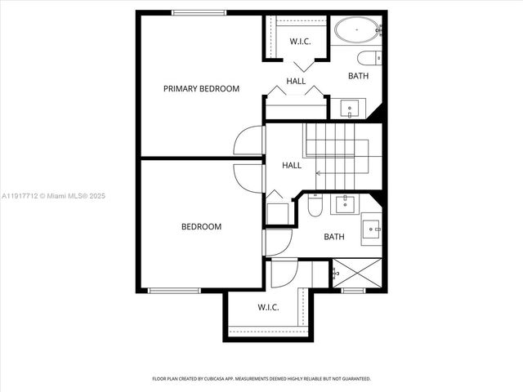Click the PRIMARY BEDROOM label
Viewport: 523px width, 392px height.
click(x=201, y=88)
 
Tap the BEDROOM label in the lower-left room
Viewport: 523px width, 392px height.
click(x=201, y=227)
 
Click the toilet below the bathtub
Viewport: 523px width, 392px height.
click(x=369, y=57)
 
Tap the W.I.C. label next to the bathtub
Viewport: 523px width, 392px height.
click(x=301, y=42)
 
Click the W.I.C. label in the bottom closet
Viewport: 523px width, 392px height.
click(x=269, y=308)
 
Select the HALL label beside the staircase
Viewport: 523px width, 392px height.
click(x=292, y=165)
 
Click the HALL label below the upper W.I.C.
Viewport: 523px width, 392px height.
click(x=296, y=81)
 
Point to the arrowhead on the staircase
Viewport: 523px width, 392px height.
click(x=319, y=172)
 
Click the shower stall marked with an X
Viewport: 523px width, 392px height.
click(x=356, y=272)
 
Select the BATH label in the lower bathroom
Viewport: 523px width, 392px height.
click(x=334, y=237)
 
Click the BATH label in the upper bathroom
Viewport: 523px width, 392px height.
click(x=358, y=76)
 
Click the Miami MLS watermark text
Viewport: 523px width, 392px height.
click(x=53, y=196)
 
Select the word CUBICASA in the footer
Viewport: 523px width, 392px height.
click(x=230, y=379)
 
